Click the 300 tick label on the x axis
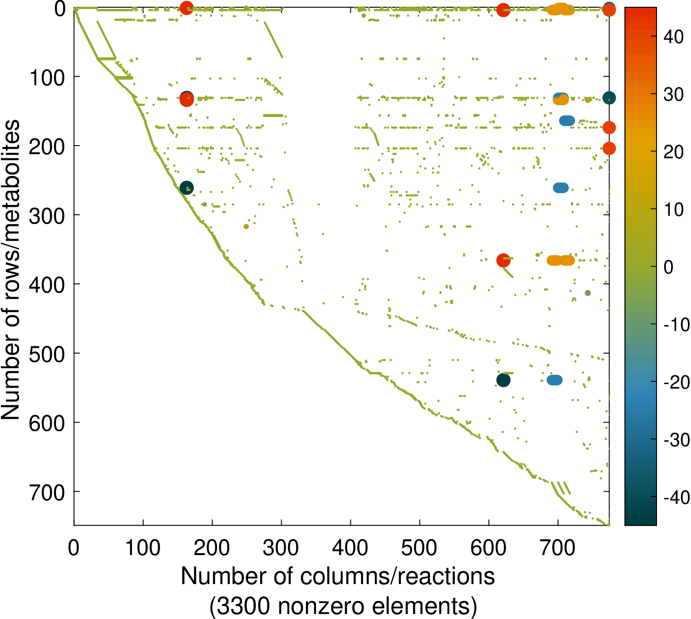(x=281, y=548)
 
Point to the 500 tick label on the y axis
(x=47, y=354)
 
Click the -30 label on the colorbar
(x=676, y=440)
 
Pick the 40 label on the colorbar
(x=673, y=37)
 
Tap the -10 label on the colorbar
(x=676, y=325)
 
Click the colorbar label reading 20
(x=673, y=152)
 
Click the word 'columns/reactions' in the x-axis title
(x=397, y=576)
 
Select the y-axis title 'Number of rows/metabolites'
(x=11, y=270)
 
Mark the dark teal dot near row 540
(x=503, y=380)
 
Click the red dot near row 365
(x=503, y=260)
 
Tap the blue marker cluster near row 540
(x=555, y=380)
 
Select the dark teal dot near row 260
(x=186, y=188)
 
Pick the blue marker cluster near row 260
(x=561, y=188)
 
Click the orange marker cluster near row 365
(x=561, y=260)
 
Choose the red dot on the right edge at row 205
(x=609, y=148)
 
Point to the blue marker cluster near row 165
(x=567, y=121)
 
